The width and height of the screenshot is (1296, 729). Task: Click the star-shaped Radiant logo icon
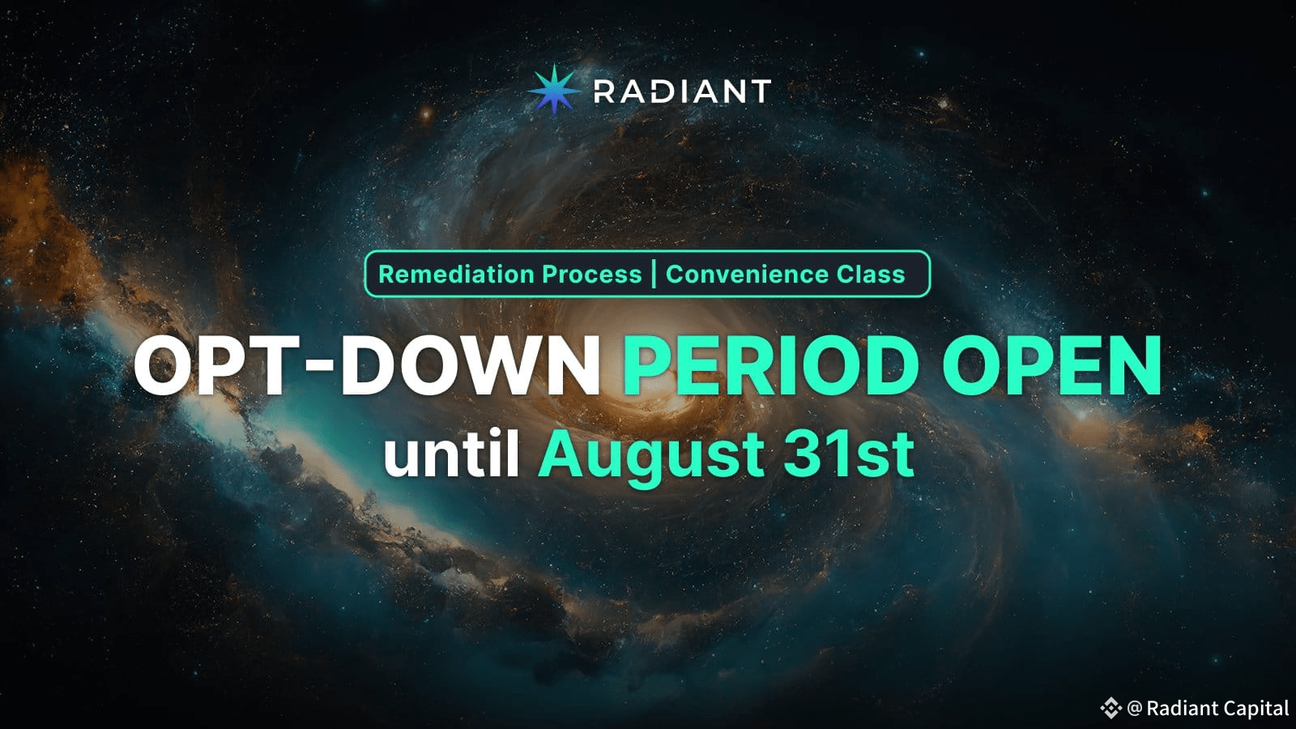554,90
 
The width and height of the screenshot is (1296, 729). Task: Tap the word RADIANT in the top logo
682,92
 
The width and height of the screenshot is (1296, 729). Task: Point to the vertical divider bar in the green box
654,275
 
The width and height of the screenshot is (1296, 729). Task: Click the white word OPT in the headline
217,366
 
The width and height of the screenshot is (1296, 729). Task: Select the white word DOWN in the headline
471,366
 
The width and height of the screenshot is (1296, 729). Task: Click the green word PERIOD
770,366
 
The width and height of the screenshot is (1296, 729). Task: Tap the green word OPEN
1052,366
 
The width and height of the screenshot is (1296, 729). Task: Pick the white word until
451,454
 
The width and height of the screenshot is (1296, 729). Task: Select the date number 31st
849,454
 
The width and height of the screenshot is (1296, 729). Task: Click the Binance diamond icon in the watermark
1111,708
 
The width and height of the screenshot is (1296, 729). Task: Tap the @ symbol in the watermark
1135,708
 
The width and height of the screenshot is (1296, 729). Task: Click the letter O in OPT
162,366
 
